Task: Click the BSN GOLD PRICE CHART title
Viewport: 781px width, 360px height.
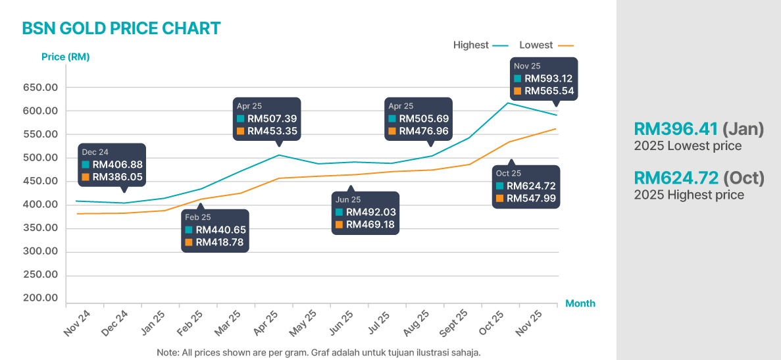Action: pos(121,28)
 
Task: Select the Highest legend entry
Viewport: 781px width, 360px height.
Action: pos(471,45)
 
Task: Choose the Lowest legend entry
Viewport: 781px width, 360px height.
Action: pos(536,45)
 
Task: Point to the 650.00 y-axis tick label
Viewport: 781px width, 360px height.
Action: pos(41,88)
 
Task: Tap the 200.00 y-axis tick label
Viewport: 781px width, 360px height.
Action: pos(41,298)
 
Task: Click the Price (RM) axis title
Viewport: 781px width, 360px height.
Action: pos(65,57)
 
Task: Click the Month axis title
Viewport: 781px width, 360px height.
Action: pos(580,303)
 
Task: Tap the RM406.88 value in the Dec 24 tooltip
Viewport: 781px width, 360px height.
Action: pos(117,165)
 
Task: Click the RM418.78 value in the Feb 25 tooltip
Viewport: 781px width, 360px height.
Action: pos(220,242)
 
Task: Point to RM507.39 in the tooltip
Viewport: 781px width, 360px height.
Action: pos(272,118)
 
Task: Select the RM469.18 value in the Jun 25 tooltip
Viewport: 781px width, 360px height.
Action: pos(370,225)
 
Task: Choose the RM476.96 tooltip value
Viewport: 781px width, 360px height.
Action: pos(424,131)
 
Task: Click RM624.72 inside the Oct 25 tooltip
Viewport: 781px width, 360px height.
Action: pos(531,186)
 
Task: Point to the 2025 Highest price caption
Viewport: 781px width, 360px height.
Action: pos(689,195)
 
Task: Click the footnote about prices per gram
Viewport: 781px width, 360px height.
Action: pos(318,352)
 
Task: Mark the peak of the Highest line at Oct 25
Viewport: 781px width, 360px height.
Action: pos(508,103)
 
